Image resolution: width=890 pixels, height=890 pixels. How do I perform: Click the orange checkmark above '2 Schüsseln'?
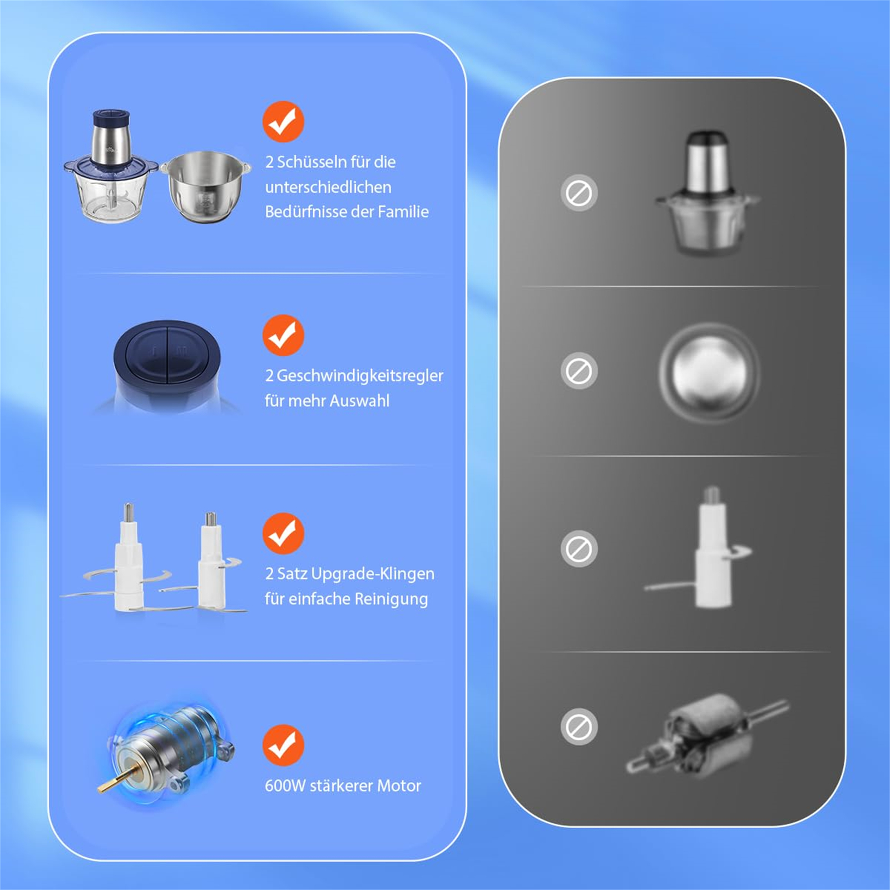283,122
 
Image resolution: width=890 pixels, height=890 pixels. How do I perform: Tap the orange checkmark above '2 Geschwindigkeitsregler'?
283,335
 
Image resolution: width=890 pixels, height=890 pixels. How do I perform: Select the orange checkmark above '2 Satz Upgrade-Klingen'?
283,533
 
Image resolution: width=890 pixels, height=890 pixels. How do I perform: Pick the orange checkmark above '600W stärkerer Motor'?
283,745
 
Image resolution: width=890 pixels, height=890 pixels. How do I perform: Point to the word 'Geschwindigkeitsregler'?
360,376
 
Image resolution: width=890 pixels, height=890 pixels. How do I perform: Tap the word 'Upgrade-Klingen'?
373,574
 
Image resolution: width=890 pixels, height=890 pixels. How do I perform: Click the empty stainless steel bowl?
205,187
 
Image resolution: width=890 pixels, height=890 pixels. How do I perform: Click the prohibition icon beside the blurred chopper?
579,193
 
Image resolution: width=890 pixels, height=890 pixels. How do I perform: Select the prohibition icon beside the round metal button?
579,370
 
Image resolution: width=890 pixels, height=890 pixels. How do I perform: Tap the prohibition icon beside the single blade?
579,549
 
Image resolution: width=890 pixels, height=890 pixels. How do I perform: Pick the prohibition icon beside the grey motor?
579,726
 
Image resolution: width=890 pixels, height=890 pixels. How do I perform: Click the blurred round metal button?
709,372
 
